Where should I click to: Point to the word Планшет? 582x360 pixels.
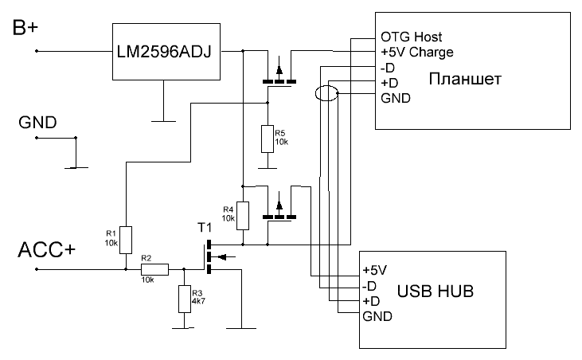pos(465,80)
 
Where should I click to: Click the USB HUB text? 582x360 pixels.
pos(435,292)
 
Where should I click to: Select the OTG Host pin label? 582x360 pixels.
pos(411,37)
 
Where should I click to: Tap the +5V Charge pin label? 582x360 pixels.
pos(417,53)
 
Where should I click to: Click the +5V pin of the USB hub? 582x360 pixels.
pos(375,270)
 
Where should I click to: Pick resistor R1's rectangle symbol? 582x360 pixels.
pos(126,238)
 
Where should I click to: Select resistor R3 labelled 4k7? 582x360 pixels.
pos(185,299)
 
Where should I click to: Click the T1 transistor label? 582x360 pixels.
pos(205,229)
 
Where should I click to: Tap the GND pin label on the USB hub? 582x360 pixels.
pos(377,317)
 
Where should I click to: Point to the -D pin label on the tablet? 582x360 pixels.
pos(389,68)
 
